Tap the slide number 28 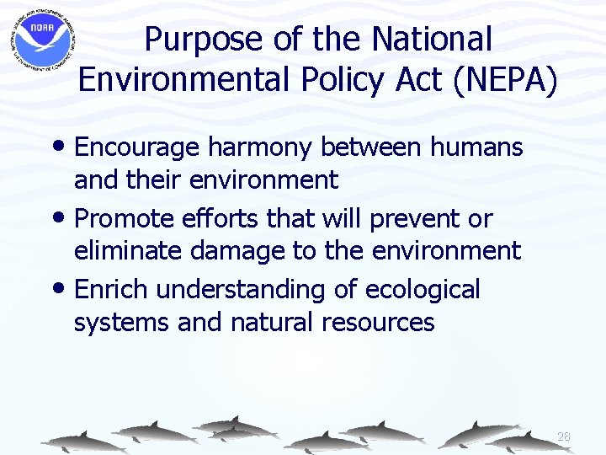coord(564,436)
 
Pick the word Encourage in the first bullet coord(135,148)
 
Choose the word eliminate coord(130,250)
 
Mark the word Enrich coord(112,290)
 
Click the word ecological coord(423,290)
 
